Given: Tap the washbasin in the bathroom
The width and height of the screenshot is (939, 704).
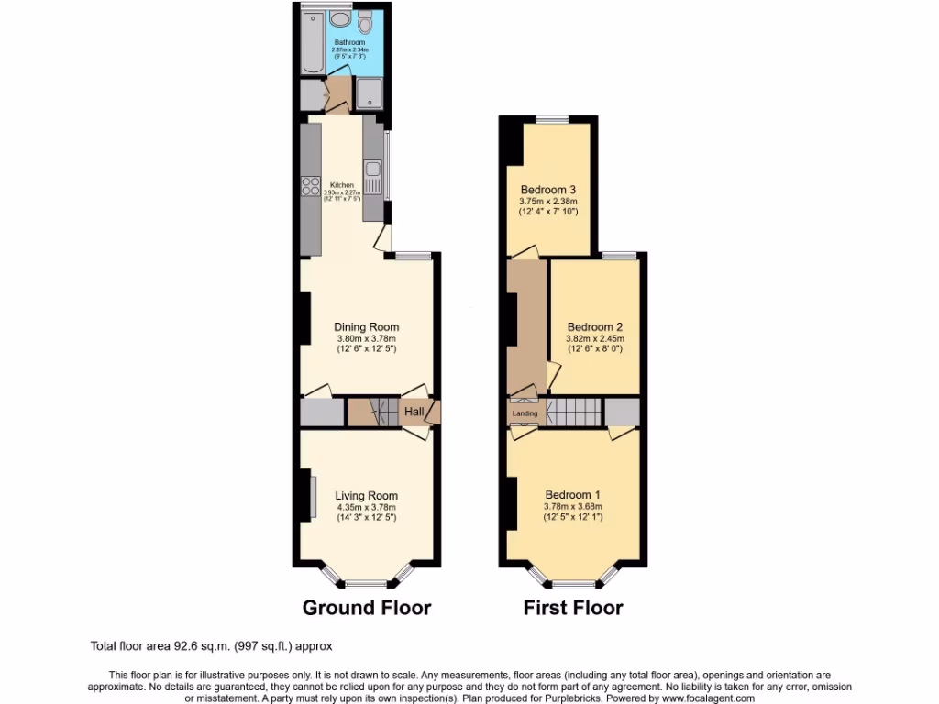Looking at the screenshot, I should point(339,19).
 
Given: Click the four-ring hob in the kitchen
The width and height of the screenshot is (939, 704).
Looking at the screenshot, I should point(308,188).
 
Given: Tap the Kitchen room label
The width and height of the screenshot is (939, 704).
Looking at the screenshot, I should point(341,185).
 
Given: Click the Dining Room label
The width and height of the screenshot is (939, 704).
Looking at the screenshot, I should point(367,327).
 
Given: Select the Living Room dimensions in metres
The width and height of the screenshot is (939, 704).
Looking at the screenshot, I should point(367,508).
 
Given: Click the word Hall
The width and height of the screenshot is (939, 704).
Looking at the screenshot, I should point(414,412).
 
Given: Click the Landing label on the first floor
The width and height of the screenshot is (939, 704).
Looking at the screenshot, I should point(525,413).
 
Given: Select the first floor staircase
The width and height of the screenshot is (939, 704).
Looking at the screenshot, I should point(574,412).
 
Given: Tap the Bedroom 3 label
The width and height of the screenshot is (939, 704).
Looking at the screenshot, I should point(548,190).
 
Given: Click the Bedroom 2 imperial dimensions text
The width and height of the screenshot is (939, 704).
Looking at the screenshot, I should point(595,349).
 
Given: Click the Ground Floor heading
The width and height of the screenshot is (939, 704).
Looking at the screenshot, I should point(367,608).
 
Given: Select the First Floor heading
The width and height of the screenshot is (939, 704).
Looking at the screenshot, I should point(573,608).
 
